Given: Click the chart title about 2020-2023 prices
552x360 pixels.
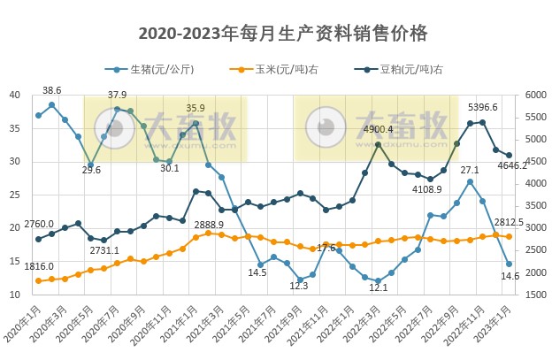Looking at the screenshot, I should point(283,34).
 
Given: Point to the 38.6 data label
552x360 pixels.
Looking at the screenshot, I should point(52,90).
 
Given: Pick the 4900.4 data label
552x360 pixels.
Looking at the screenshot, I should point(378,129).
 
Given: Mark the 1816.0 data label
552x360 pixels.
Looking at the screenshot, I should point(39,266).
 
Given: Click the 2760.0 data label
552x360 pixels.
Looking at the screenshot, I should point(39,225).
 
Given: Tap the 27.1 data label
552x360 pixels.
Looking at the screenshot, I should point(470,169).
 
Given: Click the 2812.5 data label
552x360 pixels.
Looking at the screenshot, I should point(509,223).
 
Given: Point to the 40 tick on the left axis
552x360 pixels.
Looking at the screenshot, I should point(15,96).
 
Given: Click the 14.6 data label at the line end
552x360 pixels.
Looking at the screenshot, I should point(510,276).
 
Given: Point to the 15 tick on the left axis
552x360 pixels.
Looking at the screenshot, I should point(15,261).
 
